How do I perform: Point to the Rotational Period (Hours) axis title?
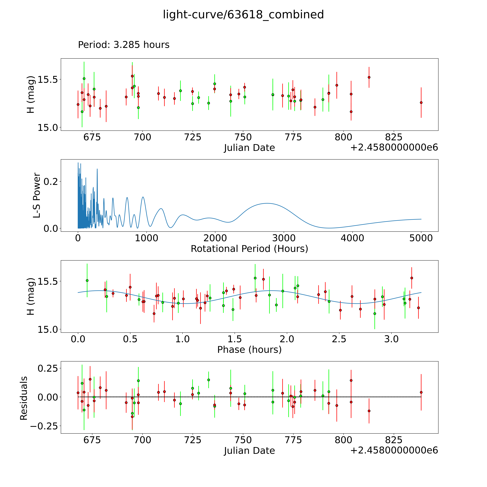(x=249, y=249)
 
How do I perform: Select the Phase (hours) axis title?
(x=249, y=350)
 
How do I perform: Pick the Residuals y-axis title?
(x=23, y=398)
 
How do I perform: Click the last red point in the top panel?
(x=421, y=103)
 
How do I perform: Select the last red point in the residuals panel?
(x=421, y=392)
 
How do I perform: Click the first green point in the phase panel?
(x=87, y=280)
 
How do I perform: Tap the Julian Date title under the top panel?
(x=249, y=148)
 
